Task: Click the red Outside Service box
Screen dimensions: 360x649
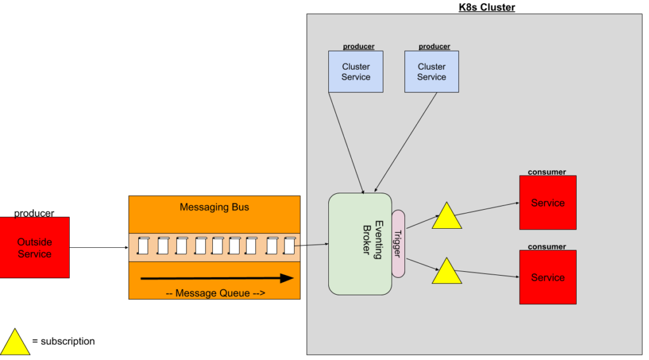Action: (34, 247)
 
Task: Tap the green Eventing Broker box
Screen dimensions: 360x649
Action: (359, 244)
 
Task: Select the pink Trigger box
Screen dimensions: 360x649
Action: (398, 243)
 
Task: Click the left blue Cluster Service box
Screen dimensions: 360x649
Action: (356, 72)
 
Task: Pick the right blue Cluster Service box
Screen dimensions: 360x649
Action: (432, 72)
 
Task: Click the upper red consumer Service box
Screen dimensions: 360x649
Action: (548, 203)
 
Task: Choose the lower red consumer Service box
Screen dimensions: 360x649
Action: (548, 278)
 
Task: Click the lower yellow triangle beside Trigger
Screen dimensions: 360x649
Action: (447, 273)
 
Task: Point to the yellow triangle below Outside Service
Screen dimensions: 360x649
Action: (15, 344)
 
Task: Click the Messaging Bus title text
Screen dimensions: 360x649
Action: (214, 207)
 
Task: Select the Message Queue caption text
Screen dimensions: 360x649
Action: (214, 293)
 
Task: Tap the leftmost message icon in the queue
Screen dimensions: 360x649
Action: (144, 245)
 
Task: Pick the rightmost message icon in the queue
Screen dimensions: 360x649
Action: (290, 245)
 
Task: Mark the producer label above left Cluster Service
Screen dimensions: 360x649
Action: (359, 46)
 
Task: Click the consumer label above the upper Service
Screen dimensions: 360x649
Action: (547, 172)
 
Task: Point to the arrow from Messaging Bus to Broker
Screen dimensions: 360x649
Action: (314, 244)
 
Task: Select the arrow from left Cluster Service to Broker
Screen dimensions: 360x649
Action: (346, 143)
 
